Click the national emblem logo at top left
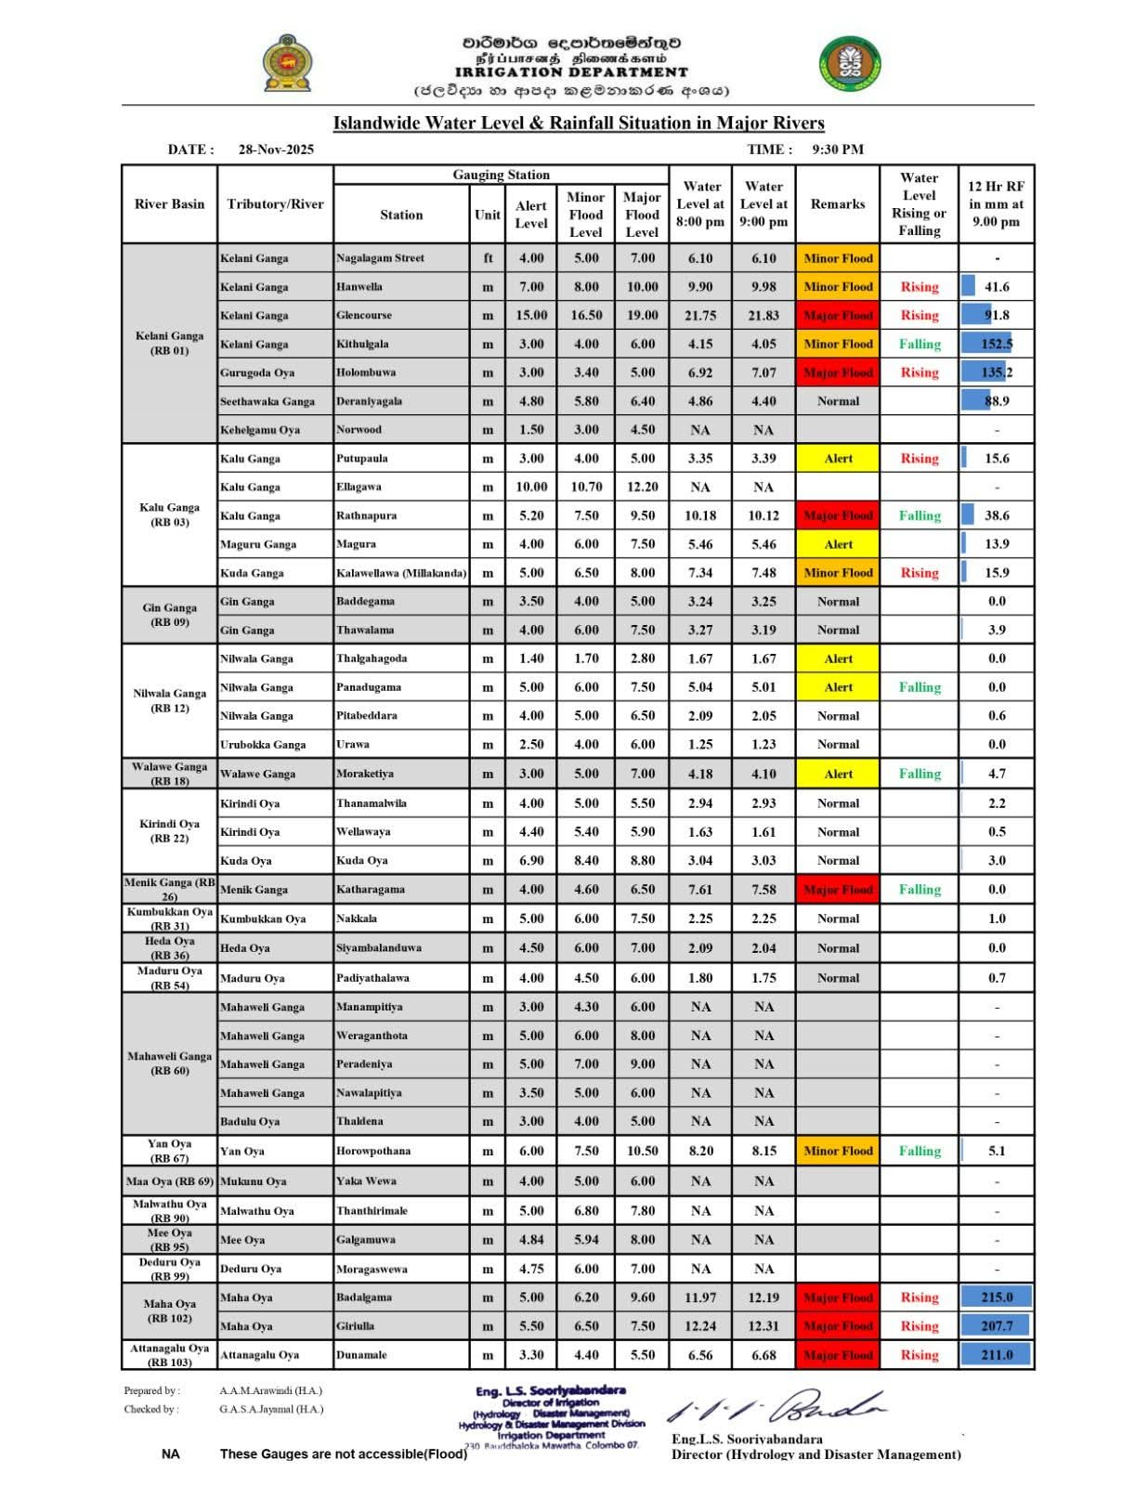click(287, 63)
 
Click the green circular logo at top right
click(850, 64)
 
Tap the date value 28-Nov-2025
click(276, 150)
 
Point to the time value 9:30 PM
click(838, 150)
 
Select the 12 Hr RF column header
click(996, 203)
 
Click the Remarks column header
click(838, 203)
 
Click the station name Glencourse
click(364, 316)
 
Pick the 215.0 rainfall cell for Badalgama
click(997, 1297)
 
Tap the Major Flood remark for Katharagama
click(838, 890)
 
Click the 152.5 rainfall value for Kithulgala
click(997, 344)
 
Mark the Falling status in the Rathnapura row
click(920, 515)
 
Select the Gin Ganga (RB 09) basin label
click(169, 615)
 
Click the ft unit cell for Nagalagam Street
click(488, 258)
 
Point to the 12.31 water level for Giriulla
click(763, 1326)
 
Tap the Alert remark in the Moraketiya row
click(838, 774)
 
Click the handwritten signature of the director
click(776, 1408)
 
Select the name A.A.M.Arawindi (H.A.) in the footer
click(271, 1391)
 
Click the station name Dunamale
click(361, 1355)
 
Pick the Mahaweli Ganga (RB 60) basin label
click(169, 1063)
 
